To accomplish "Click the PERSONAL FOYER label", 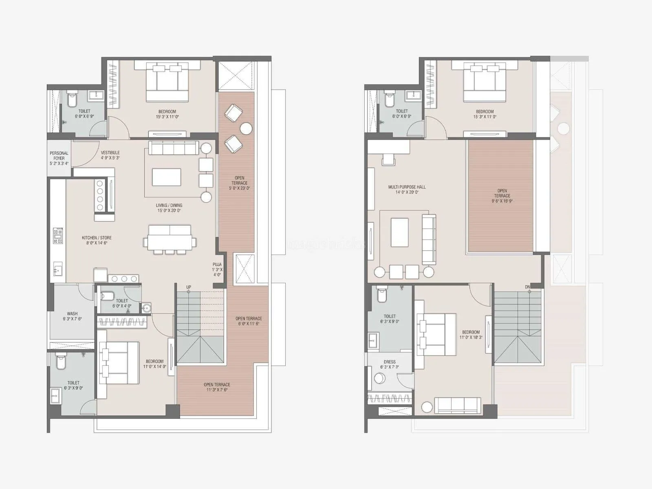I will coord(59,156).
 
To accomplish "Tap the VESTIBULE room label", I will coord(110,153).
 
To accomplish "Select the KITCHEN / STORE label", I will coord(97,238).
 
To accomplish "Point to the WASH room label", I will coord(72,314).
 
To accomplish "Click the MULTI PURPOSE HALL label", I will coord(407,187).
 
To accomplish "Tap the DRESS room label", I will coord(390,362).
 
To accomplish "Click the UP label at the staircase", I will coord(189,287).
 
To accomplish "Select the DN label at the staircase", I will coord(527,287).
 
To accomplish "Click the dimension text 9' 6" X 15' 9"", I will coord(502,201).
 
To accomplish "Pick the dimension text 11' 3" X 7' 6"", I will coord(217,390).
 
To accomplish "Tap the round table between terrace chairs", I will coord(246,128).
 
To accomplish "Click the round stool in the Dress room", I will coord(380,379).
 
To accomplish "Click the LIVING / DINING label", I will coord(169,205).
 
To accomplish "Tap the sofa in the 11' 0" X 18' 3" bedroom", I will coord(458,405).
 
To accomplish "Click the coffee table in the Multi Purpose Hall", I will coord(399,233).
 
